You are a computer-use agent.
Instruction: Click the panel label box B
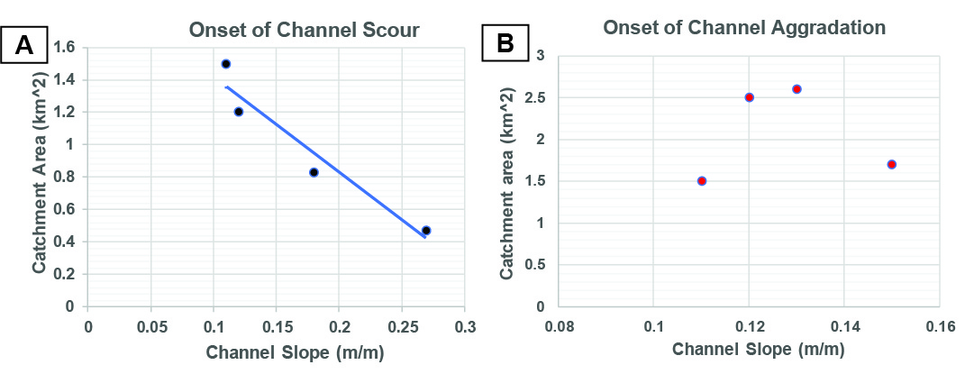tap(508, 42)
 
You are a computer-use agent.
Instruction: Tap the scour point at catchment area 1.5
tap(226, 64)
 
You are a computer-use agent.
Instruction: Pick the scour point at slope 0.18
tap(314, 172)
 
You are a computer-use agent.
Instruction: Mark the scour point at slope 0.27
tap(426, 231)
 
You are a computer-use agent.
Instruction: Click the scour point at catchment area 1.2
tap(239, 112)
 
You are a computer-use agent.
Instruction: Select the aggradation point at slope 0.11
tap(702, 181)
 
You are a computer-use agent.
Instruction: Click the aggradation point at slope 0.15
tap(892, 164)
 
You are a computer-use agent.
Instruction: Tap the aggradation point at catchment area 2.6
tap(797, 89)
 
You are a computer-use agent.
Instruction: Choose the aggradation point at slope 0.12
tap(749, 97)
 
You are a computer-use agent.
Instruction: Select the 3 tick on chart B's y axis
tap(542, 56)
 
